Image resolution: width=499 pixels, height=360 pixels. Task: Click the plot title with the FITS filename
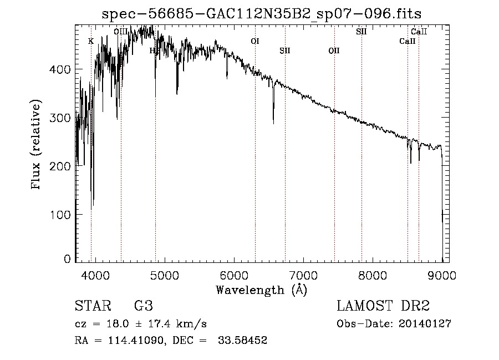pyautogui.click(x=261, y=14)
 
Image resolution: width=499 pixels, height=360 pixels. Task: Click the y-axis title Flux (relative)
pyautogui.click(x=37, y=145)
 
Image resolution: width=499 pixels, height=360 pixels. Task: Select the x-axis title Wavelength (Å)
pyautogui.click(x=261, y=289)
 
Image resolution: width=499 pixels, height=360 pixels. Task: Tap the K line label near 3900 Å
pyautogui.click(x=91, y=41)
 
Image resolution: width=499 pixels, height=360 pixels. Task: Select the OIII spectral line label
pyautogui.click(x=120, y=32)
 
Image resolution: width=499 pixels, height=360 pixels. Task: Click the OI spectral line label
pyautogui.click(x=255, y=41)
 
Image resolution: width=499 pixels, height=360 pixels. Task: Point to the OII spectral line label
pyautogui.click(x=334, y=51)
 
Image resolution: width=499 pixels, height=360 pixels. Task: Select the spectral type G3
pyautogui.click(x=143, y=306)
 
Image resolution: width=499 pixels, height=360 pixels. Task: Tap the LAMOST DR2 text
pyautogui.click(x=383, y=306)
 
